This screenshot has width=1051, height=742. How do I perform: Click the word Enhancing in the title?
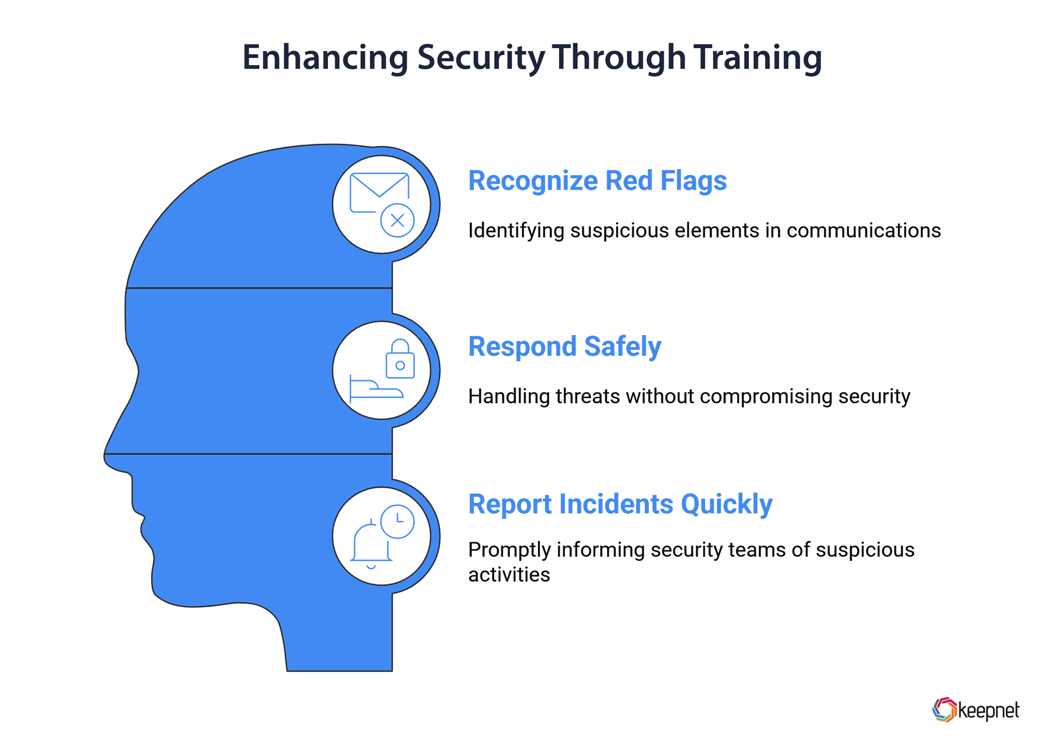tap(325, 57)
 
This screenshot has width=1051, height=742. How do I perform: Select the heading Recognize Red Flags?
tap(597, 181)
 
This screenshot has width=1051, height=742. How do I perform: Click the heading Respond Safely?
tap(564, 347)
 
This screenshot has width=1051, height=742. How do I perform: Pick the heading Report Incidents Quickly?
tap(620, 504)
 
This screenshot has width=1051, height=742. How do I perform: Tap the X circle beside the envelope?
tap(397, 220)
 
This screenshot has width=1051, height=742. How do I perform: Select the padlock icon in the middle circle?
tap(400, 360)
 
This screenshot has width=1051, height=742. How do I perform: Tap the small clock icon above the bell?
tap(398, 521)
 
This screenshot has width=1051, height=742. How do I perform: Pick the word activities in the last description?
tap(509, 575)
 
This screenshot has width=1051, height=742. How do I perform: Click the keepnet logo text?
tap(988, 710)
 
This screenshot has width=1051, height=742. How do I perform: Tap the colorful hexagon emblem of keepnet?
tap(944, 709)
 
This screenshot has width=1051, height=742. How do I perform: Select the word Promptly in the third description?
tap(509, 550)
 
